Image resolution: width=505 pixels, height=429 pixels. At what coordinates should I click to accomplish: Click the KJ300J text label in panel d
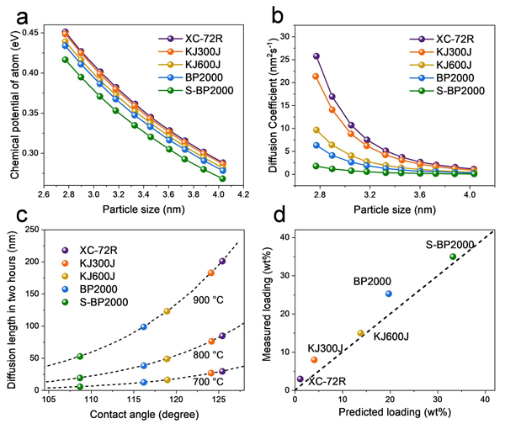click(x=324, y=347)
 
